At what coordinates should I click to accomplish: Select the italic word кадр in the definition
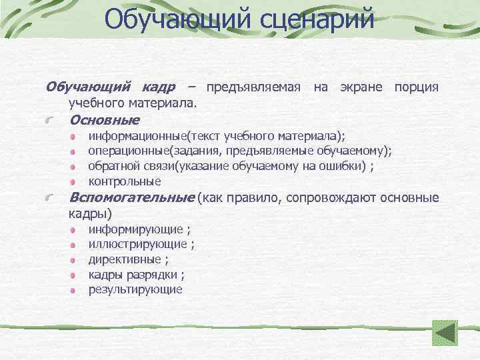click(159, 87)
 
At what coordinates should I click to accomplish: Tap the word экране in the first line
click(364, 87)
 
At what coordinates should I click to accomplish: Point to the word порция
click(416, 87)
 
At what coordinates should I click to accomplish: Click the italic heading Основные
click(104, 120)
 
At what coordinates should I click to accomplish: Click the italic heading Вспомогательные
click(132, 198)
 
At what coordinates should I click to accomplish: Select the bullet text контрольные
click(125, 181)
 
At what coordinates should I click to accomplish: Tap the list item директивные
click(125, 259)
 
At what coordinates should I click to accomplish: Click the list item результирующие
click(135, 289)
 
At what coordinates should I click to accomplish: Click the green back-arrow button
click(445, 333)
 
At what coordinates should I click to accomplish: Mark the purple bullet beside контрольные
click(73, 181)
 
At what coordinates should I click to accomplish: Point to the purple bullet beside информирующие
click(73, 230)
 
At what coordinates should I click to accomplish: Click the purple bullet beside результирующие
click(73, 290)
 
